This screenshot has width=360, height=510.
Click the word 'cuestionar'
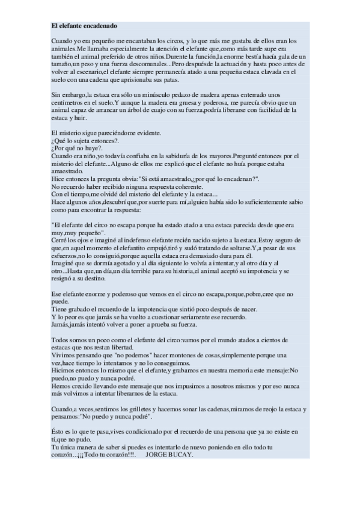(158, 317)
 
